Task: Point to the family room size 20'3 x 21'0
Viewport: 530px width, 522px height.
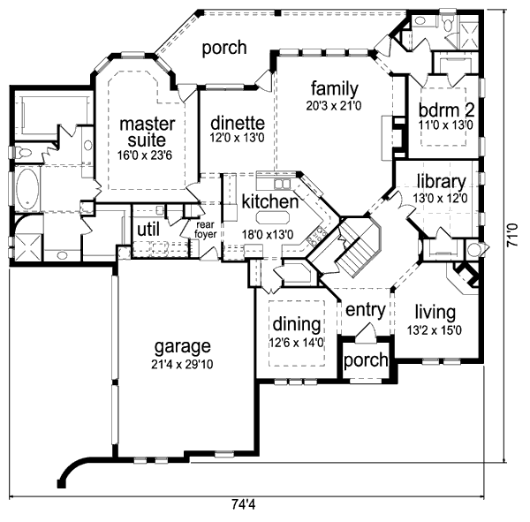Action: coord(333,106)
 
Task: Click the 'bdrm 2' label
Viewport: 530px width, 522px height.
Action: coord(446,110)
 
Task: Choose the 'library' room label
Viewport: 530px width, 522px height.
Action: coord(441,182)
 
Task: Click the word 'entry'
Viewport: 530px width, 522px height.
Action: coord(363,310)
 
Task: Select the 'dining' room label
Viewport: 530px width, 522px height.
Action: coord(290,323)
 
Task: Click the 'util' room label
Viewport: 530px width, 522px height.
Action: coord(147,231)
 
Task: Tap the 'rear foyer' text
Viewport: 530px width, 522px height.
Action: coord(205,230)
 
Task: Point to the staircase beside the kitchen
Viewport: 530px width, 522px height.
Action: coord(355,247)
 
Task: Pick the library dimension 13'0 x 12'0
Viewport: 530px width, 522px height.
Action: coord(441,199)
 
